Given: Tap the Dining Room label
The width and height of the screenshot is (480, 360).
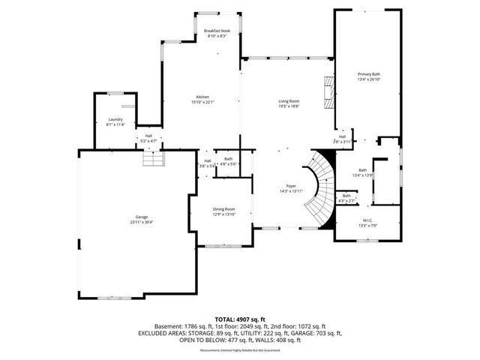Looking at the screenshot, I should click(x=224, y=211).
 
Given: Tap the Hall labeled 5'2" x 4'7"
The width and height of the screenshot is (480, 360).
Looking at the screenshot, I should click(x=148, y=138).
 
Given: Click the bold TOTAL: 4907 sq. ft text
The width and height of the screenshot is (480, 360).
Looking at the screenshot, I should click(x=239, y=319).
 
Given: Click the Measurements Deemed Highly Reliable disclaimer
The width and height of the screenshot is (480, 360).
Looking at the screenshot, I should click(x=239, y=350).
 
